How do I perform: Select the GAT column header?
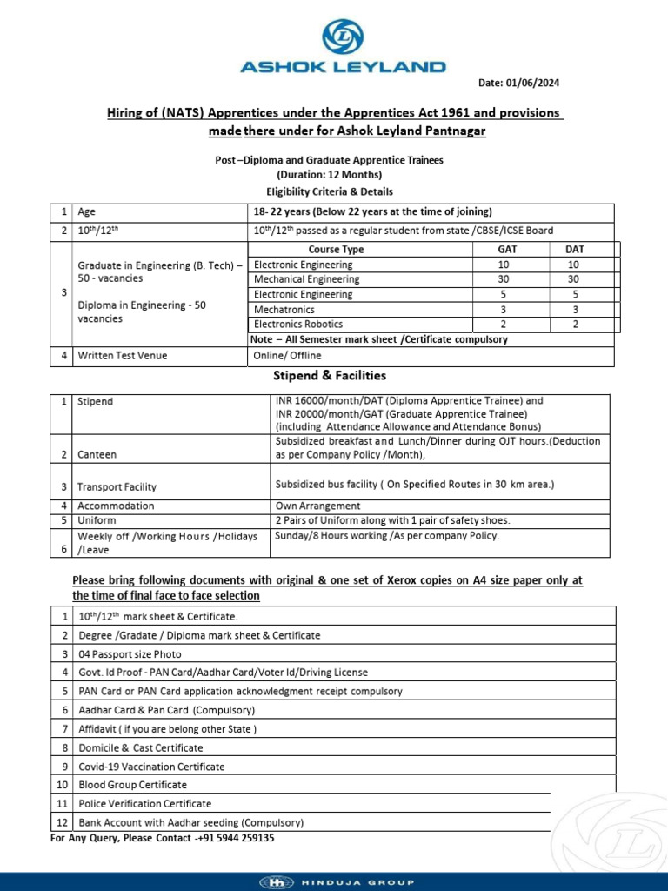pos(503,250)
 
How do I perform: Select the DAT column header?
pos(575,250)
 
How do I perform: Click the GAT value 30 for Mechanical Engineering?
pos(503,279)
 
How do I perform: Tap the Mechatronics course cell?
pos(284,310)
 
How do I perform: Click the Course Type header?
pos(336,250)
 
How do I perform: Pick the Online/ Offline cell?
pos(287,355)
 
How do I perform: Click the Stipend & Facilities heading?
pos(330,376)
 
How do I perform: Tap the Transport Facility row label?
pos(117,487)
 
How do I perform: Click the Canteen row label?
pos(97,455)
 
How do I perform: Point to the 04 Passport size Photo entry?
pos(130,653)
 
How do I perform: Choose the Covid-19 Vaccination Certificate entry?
pos(151,767)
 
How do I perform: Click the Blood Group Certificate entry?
pos(132,785)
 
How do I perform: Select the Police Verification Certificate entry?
pos(144,804)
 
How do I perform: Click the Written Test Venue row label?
pos(122,355)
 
